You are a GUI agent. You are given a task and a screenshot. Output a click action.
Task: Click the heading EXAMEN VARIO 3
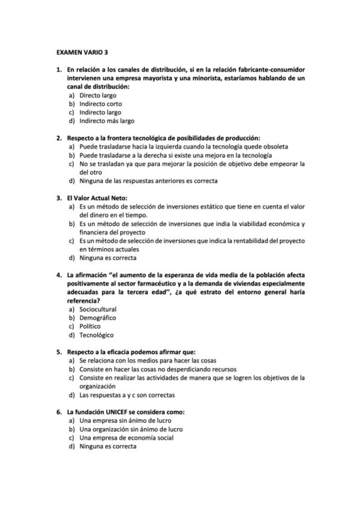[x=79, y=53]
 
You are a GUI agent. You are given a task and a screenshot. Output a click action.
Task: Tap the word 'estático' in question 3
[x=200, y=206]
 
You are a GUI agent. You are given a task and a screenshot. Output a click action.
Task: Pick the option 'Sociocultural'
[x=97, y=309]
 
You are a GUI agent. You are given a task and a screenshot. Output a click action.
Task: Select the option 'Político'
[x=90, y=326]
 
